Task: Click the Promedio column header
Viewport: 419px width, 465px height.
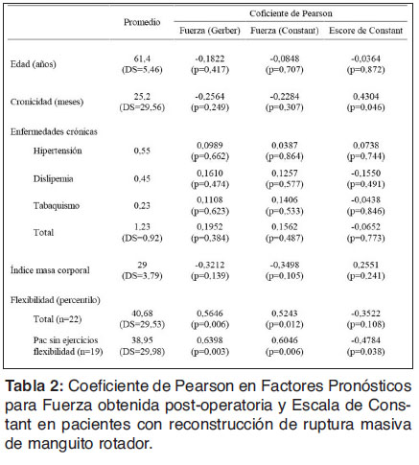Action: [x=142, y=21]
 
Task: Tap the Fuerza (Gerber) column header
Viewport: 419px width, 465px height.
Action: [x=209, y=32]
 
